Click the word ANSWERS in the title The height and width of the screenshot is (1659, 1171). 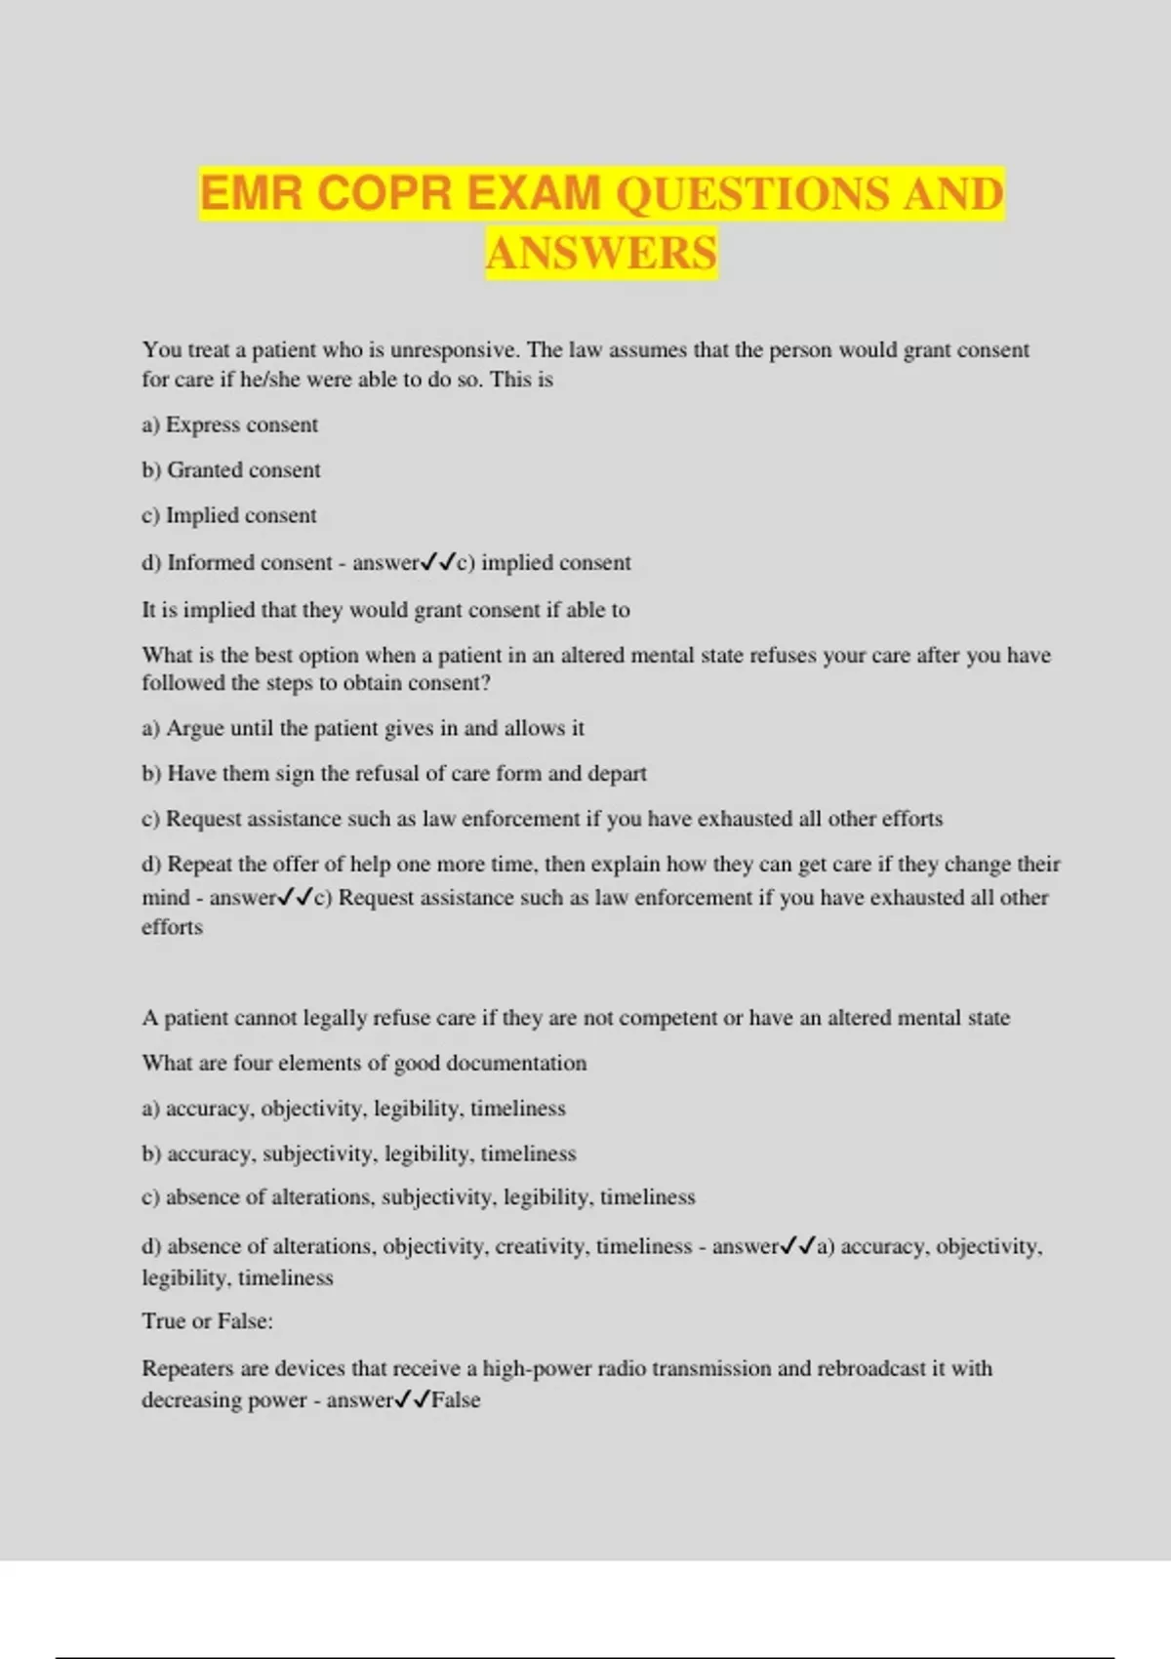tap(601, 253)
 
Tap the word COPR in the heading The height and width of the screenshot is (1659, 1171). tap(384, 193)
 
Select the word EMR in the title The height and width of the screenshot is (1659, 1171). tap(252, 193)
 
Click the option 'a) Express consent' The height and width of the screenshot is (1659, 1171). tap(230, 425)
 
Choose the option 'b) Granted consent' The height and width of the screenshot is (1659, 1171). tap(231, 469)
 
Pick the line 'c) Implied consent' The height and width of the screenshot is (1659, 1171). tap(229, 515)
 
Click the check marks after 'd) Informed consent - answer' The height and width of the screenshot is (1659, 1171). tap(438, 562)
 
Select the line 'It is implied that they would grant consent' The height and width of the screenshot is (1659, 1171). tap(385, 610)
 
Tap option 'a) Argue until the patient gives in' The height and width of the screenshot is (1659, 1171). tap(363, 728)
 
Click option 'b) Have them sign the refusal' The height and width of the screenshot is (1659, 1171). tap(394, 774)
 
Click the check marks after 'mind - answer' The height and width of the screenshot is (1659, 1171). tap(296, 897)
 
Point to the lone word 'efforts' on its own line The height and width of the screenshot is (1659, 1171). tap(172, 927)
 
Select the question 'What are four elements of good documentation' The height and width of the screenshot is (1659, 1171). tap(364, 1063)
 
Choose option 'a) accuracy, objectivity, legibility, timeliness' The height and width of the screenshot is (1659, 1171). tap(353, 1109)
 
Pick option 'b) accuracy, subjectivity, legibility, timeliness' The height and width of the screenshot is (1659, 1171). tap(359, 1153)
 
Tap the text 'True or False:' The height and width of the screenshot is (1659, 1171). tap(207, 1321)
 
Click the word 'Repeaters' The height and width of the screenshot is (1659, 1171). tap(187, 1368)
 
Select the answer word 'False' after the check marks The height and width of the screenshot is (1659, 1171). tap(456, 1399)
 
